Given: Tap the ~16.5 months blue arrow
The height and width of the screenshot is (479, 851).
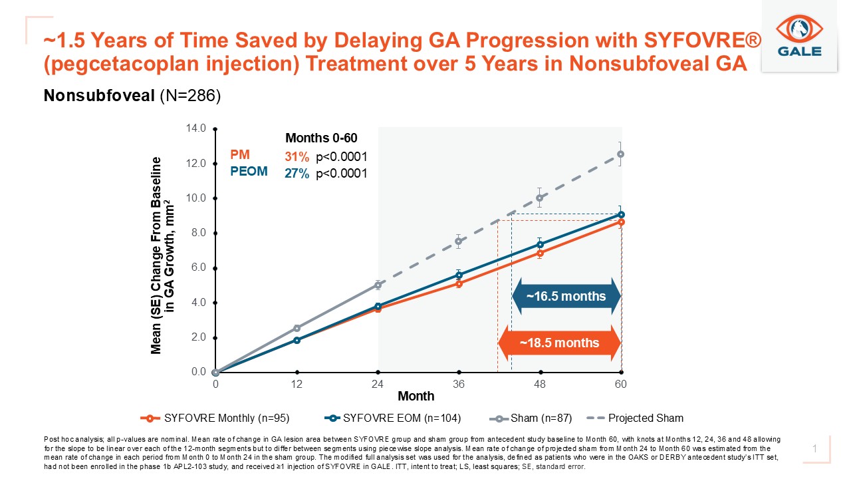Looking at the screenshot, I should [x=566, y=296].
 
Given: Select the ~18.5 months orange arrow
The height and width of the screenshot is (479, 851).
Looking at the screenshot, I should [x=559, y=343].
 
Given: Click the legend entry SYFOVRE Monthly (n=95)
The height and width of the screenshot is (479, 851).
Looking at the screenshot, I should [x=215, y=418].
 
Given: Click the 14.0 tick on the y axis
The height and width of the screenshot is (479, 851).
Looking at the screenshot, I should [x=198, y=128].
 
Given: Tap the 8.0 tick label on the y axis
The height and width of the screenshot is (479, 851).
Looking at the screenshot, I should [x=198, y=233].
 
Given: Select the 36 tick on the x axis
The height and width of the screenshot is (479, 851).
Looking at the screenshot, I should [x=459, y=385].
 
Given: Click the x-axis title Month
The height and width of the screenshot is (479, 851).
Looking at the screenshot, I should [x=416, y=397].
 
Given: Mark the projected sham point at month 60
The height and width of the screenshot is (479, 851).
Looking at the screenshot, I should [x=620, y=154].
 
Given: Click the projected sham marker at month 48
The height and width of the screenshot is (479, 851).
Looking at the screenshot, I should [x=540, y=198].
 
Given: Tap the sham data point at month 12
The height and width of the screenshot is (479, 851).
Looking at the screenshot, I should [x=297, y=328].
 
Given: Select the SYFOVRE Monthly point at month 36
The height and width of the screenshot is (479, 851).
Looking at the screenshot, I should [x=459, y=283].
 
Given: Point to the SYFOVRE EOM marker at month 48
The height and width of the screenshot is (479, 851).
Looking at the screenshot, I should [x=540, y=244].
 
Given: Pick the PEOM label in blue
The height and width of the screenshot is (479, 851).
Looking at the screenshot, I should [x=249, y=172].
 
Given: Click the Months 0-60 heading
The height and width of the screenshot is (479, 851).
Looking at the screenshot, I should [x=321, y=138].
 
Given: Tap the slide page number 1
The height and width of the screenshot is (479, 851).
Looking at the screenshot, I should [x=814, y=450].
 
